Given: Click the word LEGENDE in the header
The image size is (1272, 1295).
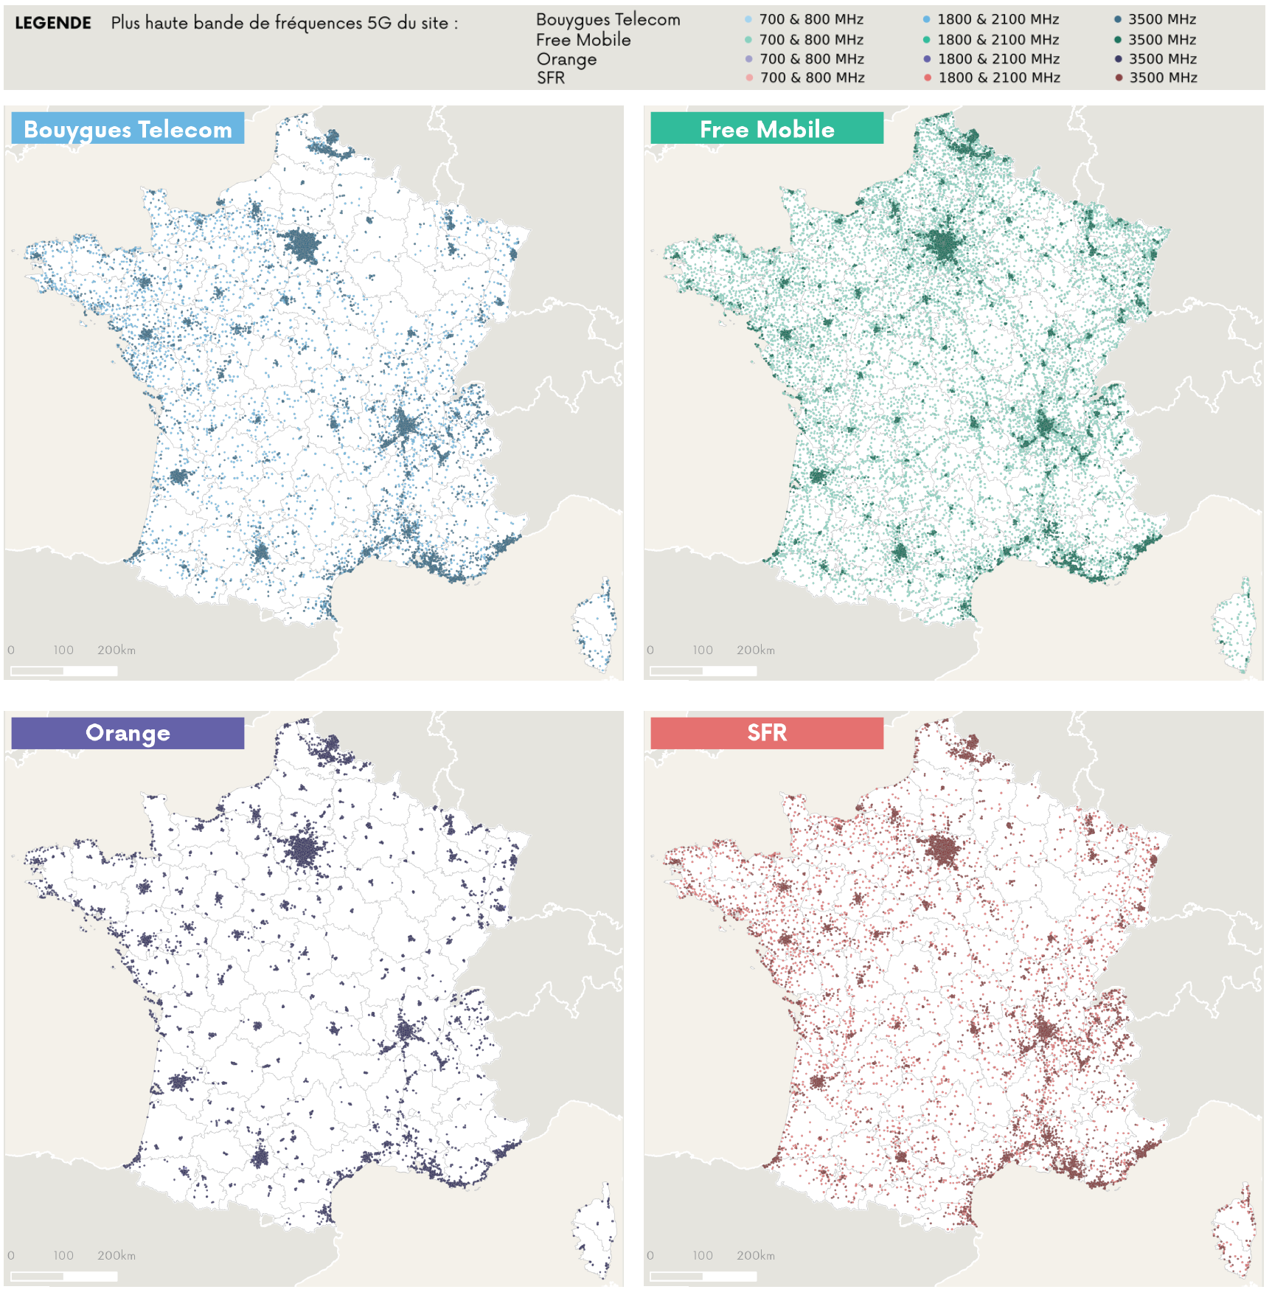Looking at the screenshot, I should (53, 23).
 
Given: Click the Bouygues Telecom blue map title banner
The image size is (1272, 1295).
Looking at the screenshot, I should (128, 128).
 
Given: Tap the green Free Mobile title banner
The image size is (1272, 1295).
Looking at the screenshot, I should (767, 128).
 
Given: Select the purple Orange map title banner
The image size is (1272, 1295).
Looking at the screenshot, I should (128, 733).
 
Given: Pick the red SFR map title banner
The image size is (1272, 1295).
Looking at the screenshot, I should (767, 733).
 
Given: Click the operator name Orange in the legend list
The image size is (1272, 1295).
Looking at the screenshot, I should (566, 59).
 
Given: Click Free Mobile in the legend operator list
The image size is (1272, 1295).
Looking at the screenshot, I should (583, 40).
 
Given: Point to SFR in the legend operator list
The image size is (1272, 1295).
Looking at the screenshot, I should (551, 77).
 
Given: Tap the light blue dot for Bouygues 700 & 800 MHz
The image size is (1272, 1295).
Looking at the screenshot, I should (748, 19).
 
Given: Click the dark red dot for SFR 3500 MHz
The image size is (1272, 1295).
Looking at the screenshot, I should (1119, 77).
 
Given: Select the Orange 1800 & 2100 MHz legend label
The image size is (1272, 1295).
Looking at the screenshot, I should (998, 59).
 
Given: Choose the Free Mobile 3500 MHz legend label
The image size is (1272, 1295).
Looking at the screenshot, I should (1162, 40).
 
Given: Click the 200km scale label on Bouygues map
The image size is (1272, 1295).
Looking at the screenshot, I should (117, 650).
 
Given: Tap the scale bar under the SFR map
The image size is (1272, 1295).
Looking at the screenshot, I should (703, 1276).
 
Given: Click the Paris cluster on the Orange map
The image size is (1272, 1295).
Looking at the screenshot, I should (305, 852).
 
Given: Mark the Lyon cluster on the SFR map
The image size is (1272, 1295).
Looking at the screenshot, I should (1046, 1029).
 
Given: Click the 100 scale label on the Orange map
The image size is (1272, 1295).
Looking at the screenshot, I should (63, 1255).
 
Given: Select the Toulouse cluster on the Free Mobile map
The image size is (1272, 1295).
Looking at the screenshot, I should (899, 552).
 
